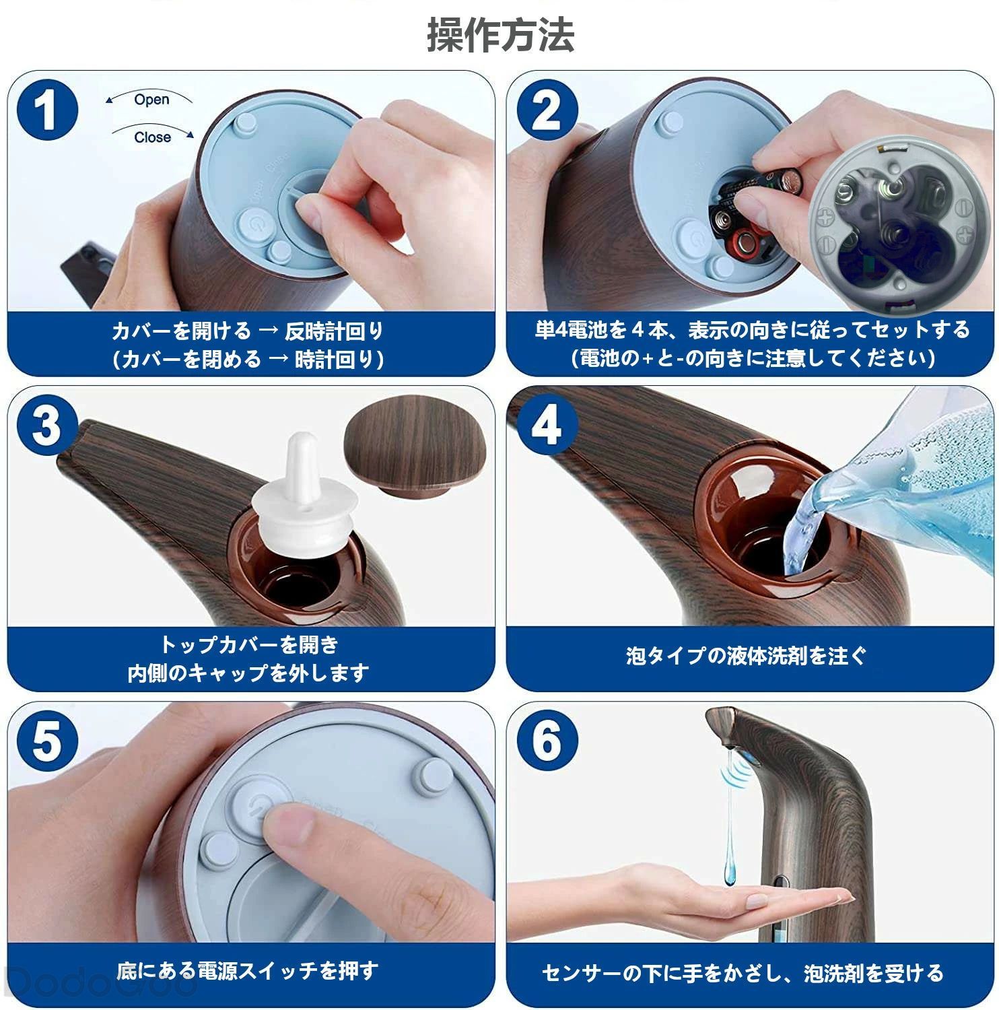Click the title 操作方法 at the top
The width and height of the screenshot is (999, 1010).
500,35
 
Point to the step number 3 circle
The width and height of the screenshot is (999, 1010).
46,426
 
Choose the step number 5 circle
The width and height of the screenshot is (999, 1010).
46,741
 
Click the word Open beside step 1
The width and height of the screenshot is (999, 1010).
151,100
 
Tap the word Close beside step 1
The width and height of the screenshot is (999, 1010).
152,137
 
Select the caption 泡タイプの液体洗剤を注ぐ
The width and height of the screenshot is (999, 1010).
747,655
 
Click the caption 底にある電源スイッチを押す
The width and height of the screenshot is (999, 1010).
247,970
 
